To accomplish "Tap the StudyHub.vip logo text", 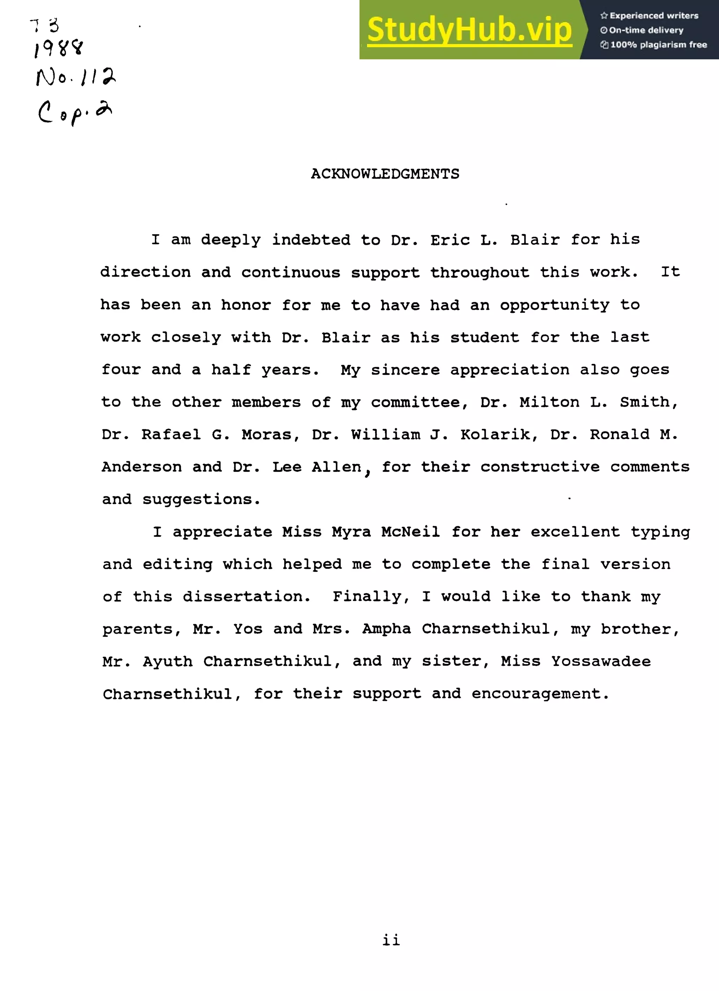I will [x=469, y=30].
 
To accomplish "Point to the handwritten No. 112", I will [x=75, y=77].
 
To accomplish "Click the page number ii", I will [x=391, y=939].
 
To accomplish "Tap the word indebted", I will [x=311, y=240].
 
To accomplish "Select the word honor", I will [x=246, y=305].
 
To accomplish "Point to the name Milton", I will [x=549, y=402].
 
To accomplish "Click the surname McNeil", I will [x=410, y=532].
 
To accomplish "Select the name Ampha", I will [x=386, y=629].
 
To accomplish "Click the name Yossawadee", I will [x=601, y=661].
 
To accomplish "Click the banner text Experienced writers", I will [x=653, y=16].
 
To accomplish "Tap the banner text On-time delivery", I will [x=646, y=30].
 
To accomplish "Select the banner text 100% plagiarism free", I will [x=658, y=45].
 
